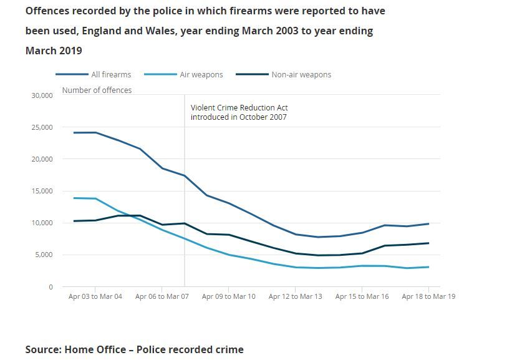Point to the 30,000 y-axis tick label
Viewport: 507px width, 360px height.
(x=42, y=95)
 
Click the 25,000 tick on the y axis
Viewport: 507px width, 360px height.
(x=42, y=127)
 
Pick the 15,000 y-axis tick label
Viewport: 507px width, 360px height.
(x=42, y=191)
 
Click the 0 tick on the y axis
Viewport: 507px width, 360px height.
(x=51, y=287)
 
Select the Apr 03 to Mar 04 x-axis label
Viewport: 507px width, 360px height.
(x=95, y=297)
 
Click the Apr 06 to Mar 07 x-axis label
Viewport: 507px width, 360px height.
(x=162, y=297)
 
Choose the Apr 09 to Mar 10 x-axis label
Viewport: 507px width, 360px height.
(x=228, y=297)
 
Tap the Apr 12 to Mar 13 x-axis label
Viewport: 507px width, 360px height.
(x=295, y=297)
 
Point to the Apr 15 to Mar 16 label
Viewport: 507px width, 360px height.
(x=362, y=297)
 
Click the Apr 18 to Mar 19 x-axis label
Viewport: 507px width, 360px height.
(x=428, y=297)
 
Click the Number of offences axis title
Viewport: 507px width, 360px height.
(x=97, y=90)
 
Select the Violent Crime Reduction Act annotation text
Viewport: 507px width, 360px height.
(x=239, y=112)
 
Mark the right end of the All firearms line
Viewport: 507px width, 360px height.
(x=428, y=224)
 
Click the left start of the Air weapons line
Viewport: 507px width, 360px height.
(x=74, y=198)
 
